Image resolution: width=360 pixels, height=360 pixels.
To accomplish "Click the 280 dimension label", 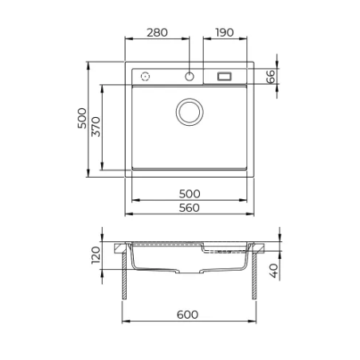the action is click(x=157, y=33).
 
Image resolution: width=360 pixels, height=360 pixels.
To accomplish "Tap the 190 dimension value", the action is click(x=225, y=33).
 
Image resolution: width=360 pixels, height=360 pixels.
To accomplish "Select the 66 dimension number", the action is click(x=271, y=76).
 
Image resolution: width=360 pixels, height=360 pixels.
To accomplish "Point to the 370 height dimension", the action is click(x=96, y=127).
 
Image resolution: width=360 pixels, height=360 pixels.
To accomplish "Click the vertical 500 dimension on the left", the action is click(x=82, y=119).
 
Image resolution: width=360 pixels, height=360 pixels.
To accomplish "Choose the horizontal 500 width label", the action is click(x=190, y=194).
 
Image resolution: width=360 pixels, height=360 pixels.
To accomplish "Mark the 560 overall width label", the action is click(x=189, y=208).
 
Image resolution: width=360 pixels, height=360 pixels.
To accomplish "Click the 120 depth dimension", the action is click(x=96, y=255).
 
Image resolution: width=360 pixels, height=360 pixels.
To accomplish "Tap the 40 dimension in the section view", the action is click(x=274, y=271).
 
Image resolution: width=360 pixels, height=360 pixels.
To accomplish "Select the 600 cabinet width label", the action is click(x=187, y=315).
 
